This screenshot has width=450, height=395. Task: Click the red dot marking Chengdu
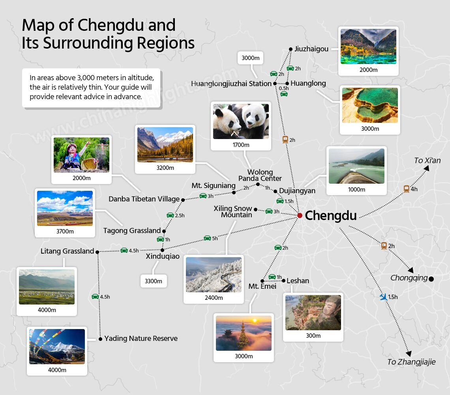pos(300,215)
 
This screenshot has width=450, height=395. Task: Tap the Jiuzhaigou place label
pos(311,49)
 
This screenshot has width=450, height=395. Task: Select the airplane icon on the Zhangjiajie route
pos(383,297)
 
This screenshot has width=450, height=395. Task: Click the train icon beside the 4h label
pos(406,189)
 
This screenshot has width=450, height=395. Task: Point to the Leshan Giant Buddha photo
pos(313,312)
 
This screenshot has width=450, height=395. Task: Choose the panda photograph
pos(241,121)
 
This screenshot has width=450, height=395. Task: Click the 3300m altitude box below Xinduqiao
pos(154,281)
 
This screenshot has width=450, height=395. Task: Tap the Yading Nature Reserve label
pos(141,339)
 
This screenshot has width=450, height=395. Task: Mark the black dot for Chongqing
pos(431,279)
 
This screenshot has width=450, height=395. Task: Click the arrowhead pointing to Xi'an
pos(426,168)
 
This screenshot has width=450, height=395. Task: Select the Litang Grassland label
pos(67,251)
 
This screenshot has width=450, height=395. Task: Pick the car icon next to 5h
pos(207,238)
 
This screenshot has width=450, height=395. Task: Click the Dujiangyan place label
pos(297,191)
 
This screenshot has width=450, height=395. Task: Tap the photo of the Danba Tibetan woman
pos(81,154)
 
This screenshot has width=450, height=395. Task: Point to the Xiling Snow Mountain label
pos(233,212)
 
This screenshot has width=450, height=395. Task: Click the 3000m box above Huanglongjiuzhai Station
pos(251,58)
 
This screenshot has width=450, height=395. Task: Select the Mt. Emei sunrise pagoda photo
pos(244,333)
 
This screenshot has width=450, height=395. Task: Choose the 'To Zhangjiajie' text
pos(411,362)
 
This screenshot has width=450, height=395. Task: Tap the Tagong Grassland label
pos(132,231)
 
